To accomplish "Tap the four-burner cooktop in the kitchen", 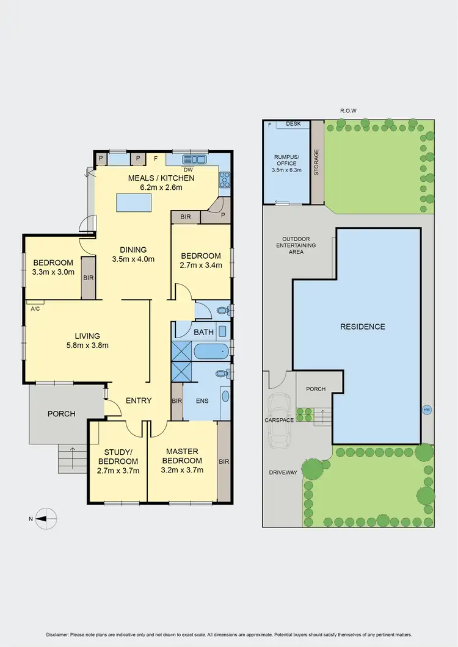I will [224, 179].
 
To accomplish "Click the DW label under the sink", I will [188, 170].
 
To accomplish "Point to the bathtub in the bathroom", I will [211, 352].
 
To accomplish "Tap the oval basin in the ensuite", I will [225, 396].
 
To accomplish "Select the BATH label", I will [203, 333].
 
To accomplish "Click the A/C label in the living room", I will [35, 308].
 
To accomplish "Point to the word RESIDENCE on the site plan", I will [363, 327].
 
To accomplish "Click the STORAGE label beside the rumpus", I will [316, 162].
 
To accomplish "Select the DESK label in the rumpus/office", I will [294, 123].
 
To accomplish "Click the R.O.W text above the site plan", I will [348, 110].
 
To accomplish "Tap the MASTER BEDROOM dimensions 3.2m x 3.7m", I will [181, 470].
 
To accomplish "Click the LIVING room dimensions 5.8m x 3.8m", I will [87, 345].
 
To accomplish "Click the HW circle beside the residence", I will [427, 410].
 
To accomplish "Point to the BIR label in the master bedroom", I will [224, 461].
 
